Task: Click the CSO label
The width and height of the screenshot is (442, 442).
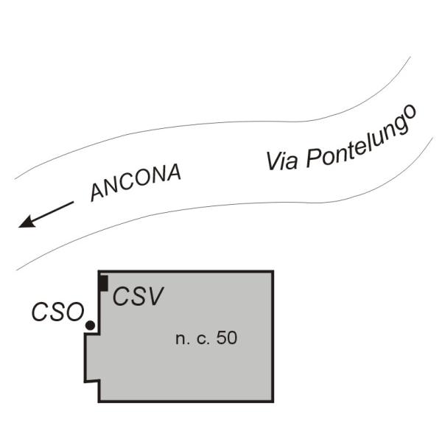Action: (x=57, y=312)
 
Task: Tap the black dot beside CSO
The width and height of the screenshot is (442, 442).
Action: (x=90, y=325)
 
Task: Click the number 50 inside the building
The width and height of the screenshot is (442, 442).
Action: (x=227, y=339)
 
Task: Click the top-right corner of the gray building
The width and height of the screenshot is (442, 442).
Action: (x=273, y=272)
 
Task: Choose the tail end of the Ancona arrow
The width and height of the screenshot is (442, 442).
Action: (x=73, y=202)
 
